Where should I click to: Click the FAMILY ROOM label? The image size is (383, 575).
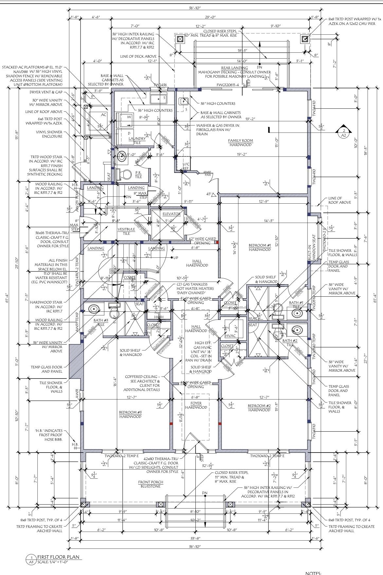click(x=241, y=141)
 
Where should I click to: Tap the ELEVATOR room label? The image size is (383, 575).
click(x=172, y=214)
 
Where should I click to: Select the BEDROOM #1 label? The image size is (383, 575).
click(x=260, y=245)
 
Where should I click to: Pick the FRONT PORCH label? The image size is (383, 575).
click(x=151, y=482)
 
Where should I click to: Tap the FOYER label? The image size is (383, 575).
click(x=196, y=403)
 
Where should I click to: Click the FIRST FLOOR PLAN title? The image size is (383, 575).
click(x=58, y=557)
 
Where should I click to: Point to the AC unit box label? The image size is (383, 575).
click(x=103, y=115)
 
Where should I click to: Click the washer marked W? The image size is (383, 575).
click(x=129, y=117)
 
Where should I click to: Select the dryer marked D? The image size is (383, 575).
click(x=129, y=134)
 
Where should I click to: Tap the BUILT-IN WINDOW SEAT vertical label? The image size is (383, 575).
click(x=314, y=247)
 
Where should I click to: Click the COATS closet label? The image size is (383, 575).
click(x=130, y=278)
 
